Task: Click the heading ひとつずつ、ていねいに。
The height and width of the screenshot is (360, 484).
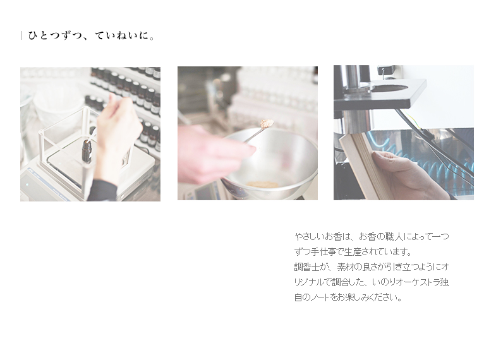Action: point(91,36)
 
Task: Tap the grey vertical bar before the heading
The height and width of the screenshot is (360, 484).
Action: point(21,35)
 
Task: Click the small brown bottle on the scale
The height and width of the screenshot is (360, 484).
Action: point(87,152)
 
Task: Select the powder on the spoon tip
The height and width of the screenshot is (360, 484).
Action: point(267,123)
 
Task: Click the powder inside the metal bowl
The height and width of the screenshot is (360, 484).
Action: point(262,184)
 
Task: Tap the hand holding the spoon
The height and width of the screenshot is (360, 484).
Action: point(213,154)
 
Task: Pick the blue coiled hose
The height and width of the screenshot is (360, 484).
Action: point(432,160)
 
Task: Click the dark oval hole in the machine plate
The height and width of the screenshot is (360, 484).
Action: point(390,88)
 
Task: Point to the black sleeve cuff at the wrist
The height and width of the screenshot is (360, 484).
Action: point(102,189)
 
